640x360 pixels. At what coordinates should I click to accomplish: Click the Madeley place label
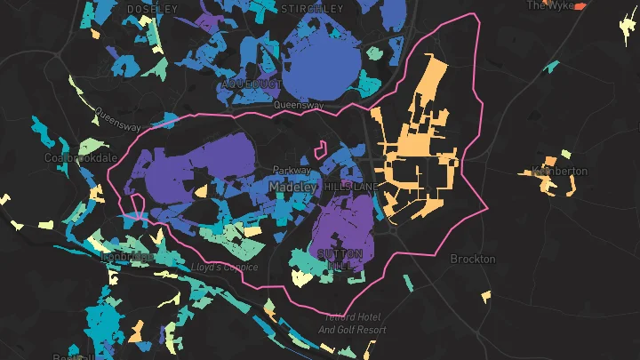tap(292, 188)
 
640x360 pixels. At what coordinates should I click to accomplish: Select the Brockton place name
tap(473, 259)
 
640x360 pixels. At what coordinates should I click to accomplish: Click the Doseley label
tap(153, 8)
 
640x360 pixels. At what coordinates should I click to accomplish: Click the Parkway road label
tap(292, 170)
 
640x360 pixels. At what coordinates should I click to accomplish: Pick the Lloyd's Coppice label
tap(224, 267)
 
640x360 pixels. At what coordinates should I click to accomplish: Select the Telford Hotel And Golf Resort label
tap(352, 324)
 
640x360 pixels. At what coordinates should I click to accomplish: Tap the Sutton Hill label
tap(339, 260)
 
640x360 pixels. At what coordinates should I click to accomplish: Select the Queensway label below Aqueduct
tap(299, 105)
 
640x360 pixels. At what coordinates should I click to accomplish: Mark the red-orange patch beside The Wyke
tap(580, 5)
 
